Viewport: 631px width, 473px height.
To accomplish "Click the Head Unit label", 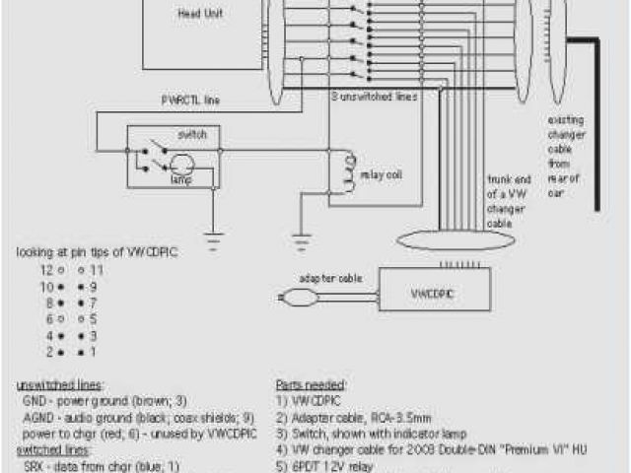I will point(193,14).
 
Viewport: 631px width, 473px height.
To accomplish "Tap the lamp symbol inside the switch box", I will point(179,166).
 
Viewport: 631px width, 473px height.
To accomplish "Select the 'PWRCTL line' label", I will point(191,100).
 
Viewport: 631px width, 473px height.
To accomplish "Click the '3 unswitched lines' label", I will point(373,97).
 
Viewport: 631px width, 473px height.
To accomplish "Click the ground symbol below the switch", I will point(212,236).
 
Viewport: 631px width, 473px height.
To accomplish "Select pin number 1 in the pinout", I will point(93,351).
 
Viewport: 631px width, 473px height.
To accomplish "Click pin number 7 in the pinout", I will point(93,302).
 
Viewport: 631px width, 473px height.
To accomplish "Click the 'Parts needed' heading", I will point(311,384).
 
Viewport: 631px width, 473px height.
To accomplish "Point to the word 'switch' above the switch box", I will point(191,133).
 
